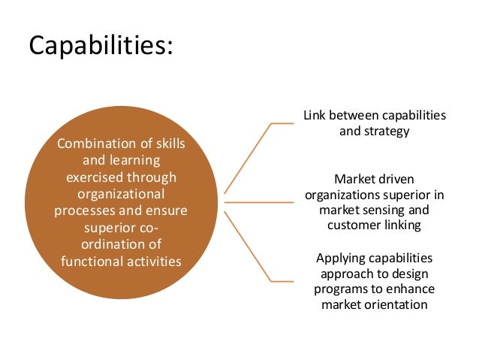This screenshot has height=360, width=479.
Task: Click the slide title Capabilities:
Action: pos(101,46)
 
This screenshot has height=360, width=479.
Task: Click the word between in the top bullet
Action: pos(353,116)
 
